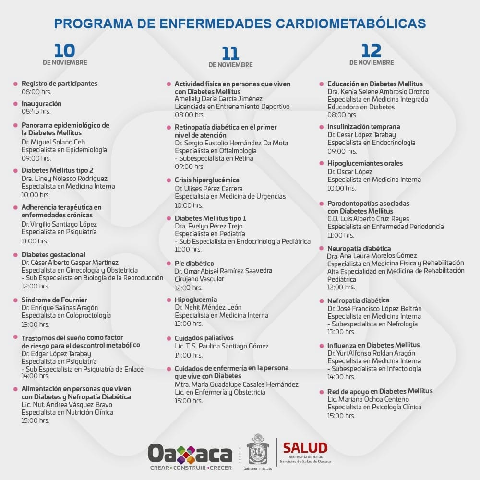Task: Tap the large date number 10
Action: pyautogui.click(x=64, y=50)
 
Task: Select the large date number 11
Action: pyautogui.click(x=230, y=53)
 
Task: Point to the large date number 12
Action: pyautogui.click(x=371, y=50)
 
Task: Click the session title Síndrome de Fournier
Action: pyautogui.click(x=54, y=300)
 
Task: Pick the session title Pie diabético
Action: pyautogui.click(x=194, y=264)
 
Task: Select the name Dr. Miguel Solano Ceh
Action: pyautogui.click(x=53, y=142)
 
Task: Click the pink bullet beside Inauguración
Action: pyautogui.click(x=16, y=104)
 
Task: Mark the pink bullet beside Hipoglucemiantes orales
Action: pyautogui.click(x=322, y=163)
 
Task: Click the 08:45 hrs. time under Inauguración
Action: pyautogui.click(x=36, y=111)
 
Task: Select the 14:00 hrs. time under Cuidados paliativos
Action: pyautogui.click(x=189, y=355)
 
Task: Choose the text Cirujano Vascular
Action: pyautogui.click(x=199, y=279)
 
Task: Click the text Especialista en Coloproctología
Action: pyautogui.click(x=66, y=315)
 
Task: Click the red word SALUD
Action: pyautogui.click(x=305, y=447)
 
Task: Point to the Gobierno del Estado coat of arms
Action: pyautogui.click(x=258, y=449)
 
